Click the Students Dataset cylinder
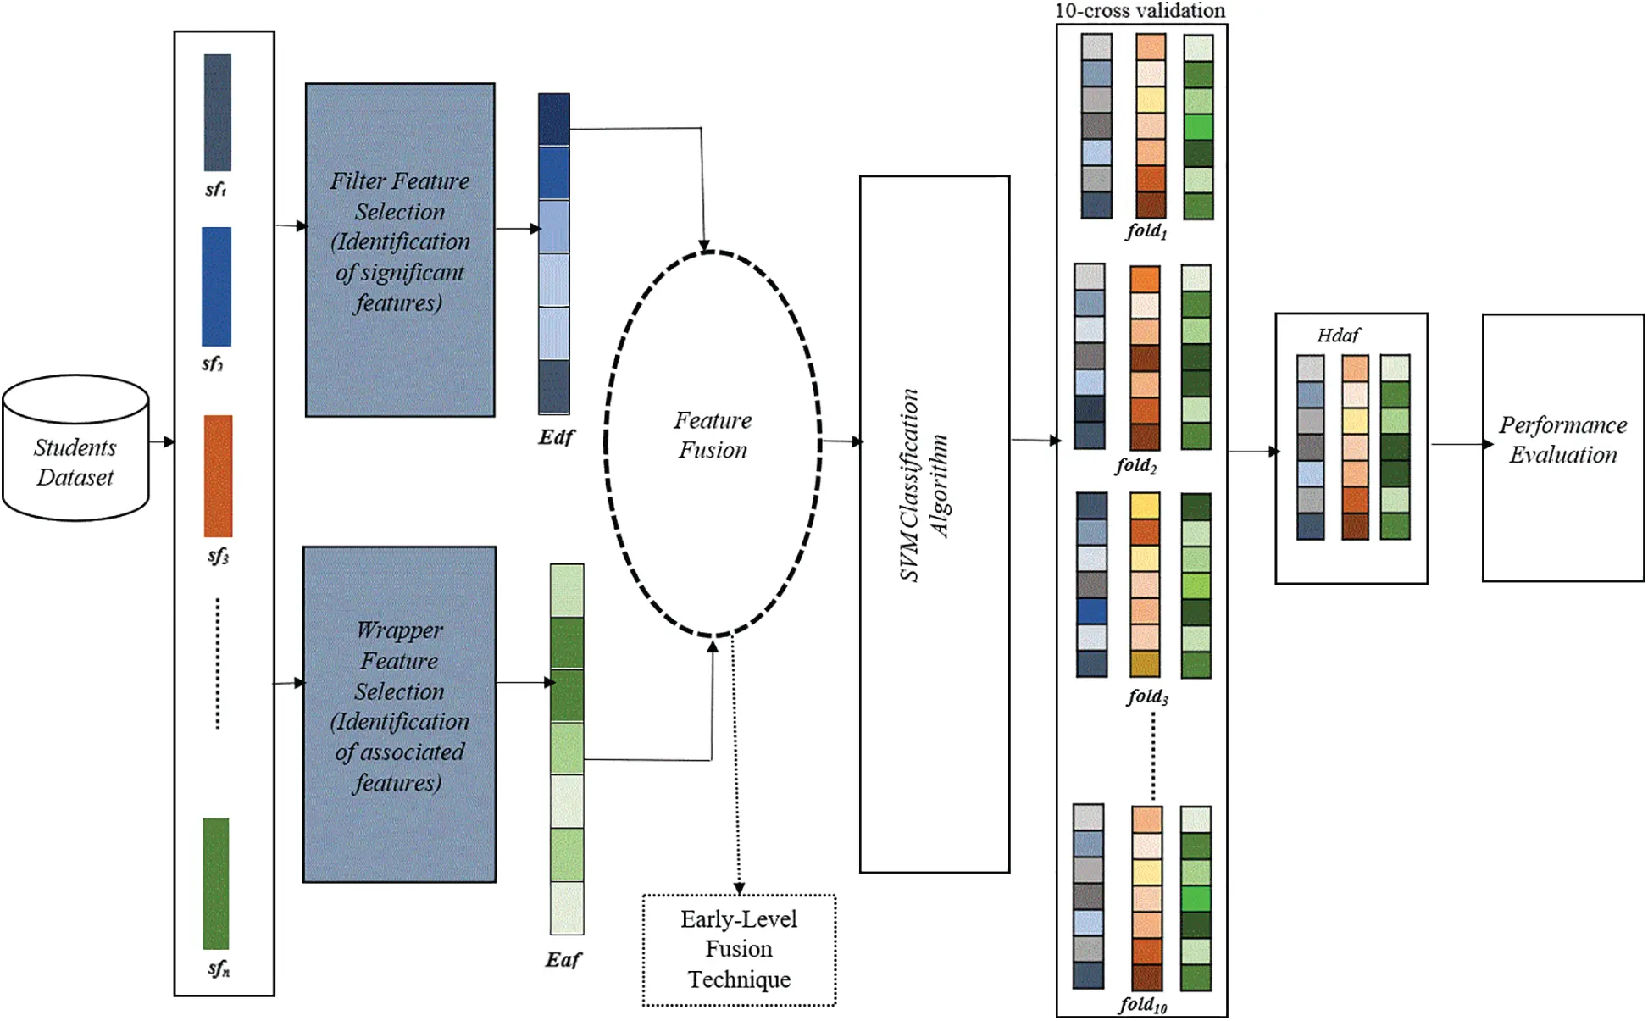tap(75, 449)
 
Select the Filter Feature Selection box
tap(400, 249)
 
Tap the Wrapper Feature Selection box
tap(399, 713)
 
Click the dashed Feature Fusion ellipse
tap(713, 442)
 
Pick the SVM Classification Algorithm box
tap(934, 524)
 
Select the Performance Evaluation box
tap(1562, 447)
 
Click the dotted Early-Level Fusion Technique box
tap(739, 949)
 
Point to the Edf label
tap(556, 437)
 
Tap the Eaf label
tap(563, 959)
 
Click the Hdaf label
tap(1338, 336)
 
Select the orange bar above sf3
tap(218, 475)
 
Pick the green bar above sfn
tap(216, 883)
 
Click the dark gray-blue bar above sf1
tap(218, 113)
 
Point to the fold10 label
tap(1143, 1005)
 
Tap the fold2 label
tap(1136, 465)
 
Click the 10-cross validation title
tap(1140, 10)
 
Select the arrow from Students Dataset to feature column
tap(162, 441)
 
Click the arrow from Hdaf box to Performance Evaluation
tap(1461, 444)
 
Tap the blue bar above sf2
tap(216, 286)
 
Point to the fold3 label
tap(1147, 696)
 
